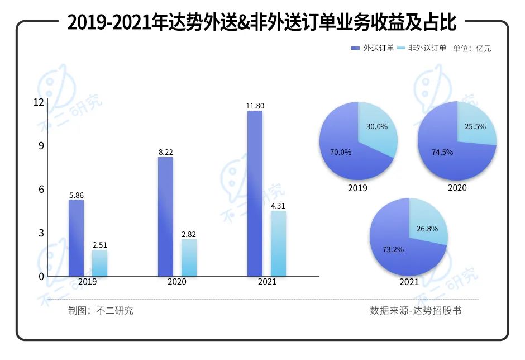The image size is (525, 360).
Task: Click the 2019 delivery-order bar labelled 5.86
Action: [x=76, y=238]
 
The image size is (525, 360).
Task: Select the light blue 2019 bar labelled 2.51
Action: [x=99, y=263]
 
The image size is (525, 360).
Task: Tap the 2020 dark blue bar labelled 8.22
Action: [x=165, y=216]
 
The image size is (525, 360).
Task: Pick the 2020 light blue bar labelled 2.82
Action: [x=189, y=258]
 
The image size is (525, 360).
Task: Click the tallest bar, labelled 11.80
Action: [x=255, y=193]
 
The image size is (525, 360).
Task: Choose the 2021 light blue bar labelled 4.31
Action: [x=278, y=243]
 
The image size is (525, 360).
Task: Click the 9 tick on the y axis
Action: [x=40, y=146]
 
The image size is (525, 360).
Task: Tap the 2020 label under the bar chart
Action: [x=177, y=282]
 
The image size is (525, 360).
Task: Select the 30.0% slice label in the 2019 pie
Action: [x=376, y=127]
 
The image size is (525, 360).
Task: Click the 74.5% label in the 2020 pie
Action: [x=442, y=152]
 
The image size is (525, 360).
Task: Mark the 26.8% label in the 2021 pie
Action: [x=427, y=229]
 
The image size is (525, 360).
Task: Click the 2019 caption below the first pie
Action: [x=357, y=188]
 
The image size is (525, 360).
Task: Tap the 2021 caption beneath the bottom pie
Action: [x=409, y=282]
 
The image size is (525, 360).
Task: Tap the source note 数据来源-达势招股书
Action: [x=416, y=311]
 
